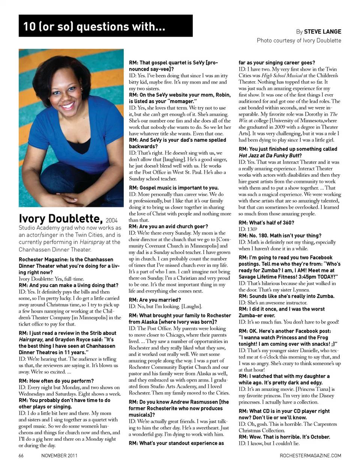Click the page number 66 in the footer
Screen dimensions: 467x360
pos(21,456)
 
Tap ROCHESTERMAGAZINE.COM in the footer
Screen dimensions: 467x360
pos(310,456)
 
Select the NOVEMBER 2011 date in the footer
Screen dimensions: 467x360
pos(59,456)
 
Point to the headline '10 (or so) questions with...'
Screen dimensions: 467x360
pos(94,27)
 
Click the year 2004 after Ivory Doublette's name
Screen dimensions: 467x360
pos(111,220)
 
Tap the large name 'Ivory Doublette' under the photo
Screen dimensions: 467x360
pos(61,218)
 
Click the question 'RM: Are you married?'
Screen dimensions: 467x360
pos(154,300)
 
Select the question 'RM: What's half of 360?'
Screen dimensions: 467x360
pos(266,222)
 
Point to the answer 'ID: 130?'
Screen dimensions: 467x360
pos(248,229)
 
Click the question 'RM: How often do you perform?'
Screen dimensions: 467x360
pos(56,381)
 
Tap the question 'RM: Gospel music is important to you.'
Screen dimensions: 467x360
pos(174,188)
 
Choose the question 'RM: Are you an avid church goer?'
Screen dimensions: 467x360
pos(168,226)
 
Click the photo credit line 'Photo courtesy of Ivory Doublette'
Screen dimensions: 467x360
pos(299,40)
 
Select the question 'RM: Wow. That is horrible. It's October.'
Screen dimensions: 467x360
pos(284,437)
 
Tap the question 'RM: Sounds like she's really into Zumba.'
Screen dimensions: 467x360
pos(286,296)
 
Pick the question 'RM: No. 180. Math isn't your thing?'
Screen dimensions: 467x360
pos(280,236)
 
